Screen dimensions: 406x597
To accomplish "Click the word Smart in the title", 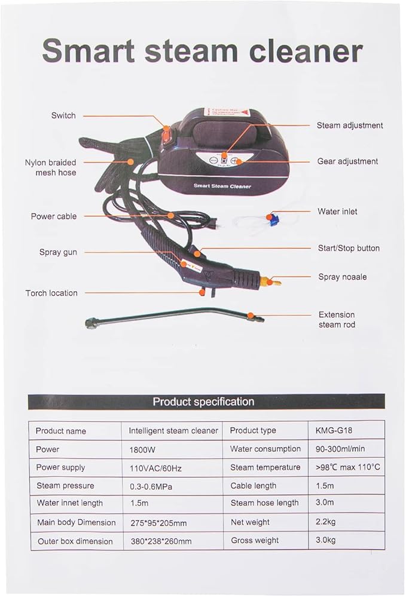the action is (88, 51).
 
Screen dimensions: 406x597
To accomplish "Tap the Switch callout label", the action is (63, 115).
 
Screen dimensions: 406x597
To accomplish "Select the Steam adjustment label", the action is (350, 125).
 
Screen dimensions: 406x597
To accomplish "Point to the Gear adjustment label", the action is (348, 161).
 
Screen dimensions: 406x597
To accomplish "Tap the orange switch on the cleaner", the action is (166, 136).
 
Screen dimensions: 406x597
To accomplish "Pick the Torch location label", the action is (51, 293).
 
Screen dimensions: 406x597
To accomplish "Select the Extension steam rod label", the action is (337, 320).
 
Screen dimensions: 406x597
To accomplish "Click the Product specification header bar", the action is (206, 402).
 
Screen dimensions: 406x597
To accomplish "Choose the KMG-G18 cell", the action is (334, 431).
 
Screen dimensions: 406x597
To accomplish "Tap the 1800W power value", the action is (142, 449).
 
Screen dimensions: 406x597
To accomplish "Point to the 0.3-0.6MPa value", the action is (151, 486).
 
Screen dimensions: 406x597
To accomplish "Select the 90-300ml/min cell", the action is (340, 449).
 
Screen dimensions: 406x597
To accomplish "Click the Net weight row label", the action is (250, 522).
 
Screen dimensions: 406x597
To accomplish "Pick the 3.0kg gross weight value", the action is (326, 540).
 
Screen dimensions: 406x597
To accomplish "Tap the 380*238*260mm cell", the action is (161, 541).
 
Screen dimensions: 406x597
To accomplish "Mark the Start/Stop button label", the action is (349, 248).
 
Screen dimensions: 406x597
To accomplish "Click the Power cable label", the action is (54, 216).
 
